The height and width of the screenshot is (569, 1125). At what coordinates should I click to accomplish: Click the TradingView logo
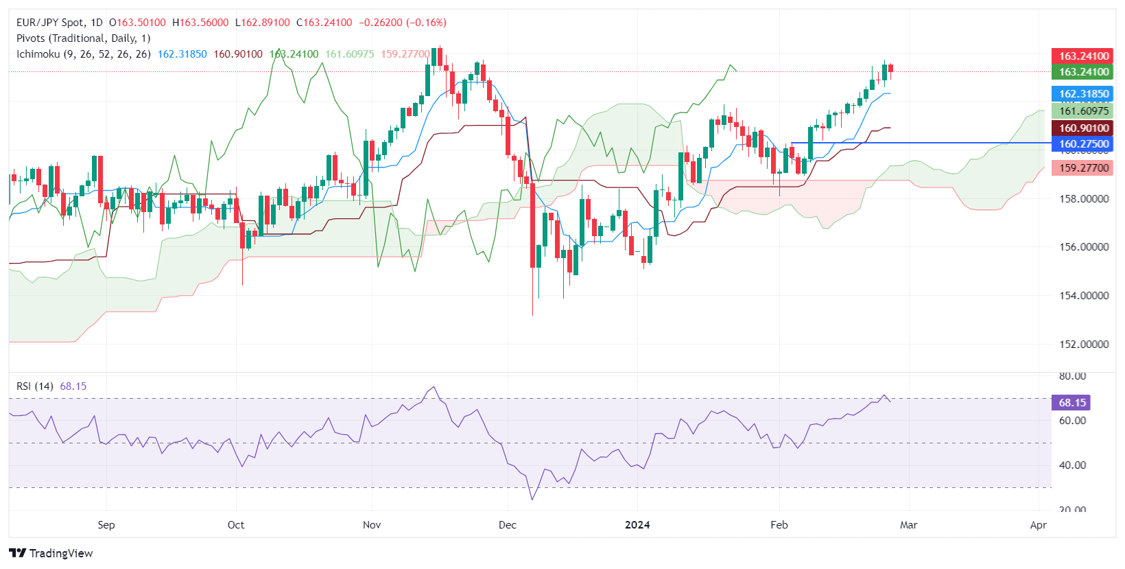coord(51,553)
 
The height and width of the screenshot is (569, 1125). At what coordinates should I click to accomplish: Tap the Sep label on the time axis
coord(106,525)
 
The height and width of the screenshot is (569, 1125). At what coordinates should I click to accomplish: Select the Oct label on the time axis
coord(235,525)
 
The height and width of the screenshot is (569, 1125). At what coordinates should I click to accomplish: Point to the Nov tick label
coord(371,525)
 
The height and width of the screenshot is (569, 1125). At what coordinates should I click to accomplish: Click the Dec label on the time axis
coord(507,525)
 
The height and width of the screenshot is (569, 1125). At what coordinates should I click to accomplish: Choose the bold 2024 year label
coord(637,525)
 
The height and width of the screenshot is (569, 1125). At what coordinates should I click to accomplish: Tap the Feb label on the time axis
coord(779,525)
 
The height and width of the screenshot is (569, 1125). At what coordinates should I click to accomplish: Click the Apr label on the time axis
coord(1038,525)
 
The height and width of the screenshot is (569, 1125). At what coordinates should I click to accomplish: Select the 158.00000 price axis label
coord(1084,199)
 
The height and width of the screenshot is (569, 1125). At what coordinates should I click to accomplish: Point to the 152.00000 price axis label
coord(1084,345)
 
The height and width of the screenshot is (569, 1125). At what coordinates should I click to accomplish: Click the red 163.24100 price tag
coord(1083,56)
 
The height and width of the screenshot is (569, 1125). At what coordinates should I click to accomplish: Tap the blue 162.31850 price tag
coord(1083,94)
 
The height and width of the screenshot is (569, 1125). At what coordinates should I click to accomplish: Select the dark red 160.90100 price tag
coord(1083,128)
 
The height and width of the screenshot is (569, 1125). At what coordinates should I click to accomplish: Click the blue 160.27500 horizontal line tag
coord(1083,144)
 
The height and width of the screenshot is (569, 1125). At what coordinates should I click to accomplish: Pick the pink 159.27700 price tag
coord(1083,168)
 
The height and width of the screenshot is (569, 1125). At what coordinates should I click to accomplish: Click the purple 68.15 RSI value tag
coord(1071,403)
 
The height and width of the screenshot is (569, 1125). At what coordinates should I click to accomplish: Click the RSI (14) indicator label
coord(35,386)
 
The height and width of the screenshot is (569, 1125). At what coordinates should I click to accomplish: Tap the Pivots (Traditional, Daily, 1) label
coord(83,38)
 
